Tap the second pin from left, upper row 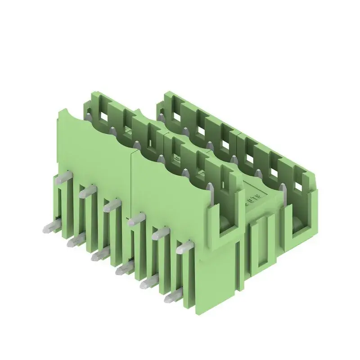click(87, 191)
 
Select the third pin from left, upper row click(111, 205)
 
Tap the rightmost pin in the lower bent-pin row click(174, 297)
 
